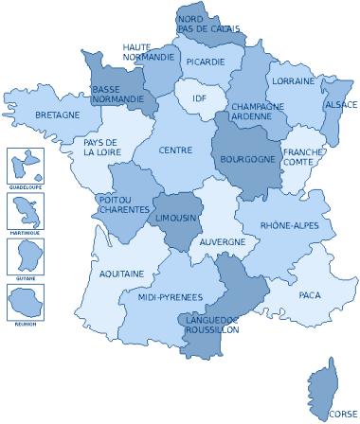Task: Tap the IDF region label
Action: pyautogui.click(x=200, y=97)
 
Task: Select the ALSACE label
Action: pyautogui.click(x=340, y=104)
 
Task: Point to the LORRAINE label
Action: pyautogui.click(x=293, y=81)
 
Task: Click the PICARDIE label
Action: pyautogui.click(x=207, y=62)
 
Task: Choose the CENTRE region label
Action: pyautogui.click(x=176, y=150)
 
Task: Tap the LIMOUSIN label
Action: pyautogui.click(x=175, y=218)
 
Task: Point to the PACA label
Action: pyautogui.click(x=310, y=295)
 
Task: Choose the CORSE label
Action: pyautogui.click(x=343, y=414)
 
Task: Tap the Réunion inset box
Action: pyautogui.click(x=19, y=300)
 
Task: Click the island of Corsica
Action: pyautogui.click(x=323, y=384)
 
